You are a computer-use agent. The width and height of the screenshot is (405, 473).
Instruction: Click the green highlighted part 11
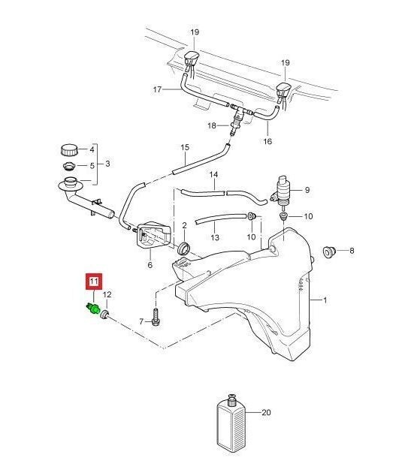(93, 309)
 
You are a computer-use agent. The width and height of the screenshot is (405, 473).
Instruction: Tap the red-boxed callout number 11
(94, 282)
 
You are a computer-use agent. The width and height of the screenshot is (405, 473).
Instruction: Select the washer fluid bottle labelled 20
(231, 423)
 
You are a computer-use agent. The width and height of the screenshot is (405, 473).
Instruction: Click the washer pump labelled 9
(283, 191)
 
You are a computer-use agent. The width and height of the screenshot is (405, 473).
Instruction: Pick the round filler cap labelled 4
(69, 150)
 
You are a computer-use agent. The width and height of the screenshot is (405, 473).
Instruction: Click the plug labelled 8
(329, 252)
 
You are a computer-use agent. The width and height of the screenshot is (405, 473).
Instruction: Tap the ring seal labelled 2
(184, 249)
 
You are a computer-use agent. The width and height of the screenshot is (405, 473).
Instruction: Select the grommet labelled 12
(105, 313)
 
